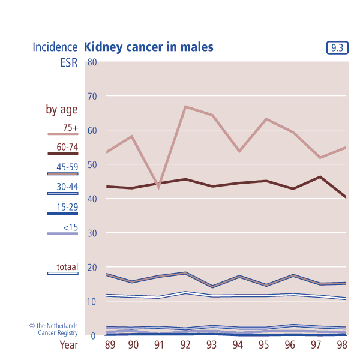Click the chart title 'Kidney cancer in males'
(149, 47)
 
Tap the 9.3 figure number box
(338, 48)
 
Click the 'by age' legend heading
(62, 109)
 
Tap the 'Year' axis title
(68, 345)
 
